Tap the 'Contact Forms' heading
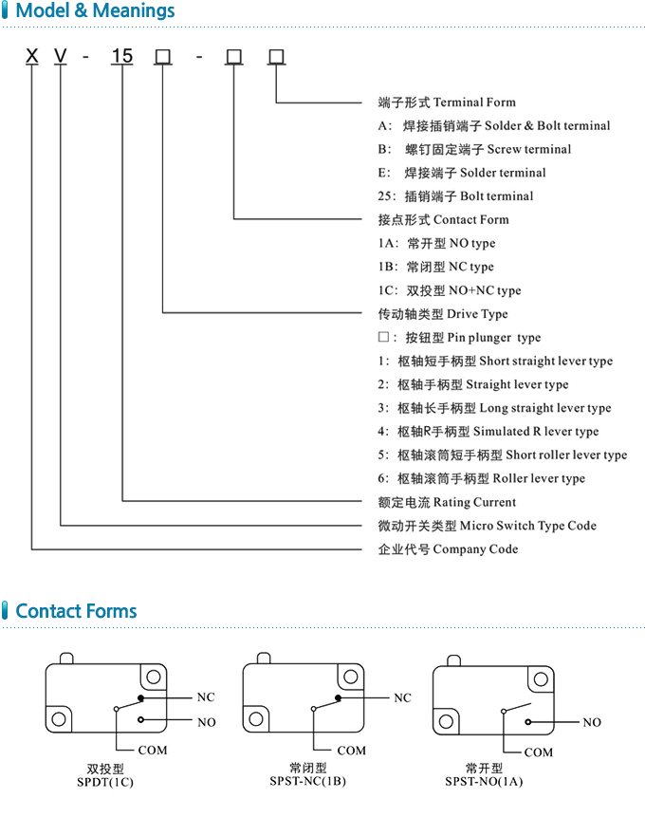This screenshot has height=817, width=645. (x=76, y=611)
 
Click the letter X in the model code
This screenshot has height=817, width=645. (x=32, y=57)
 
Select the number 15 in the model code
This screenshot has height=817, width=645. (x=122, y=57)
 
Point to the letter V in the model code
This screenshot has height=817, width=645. (x=60, y=57)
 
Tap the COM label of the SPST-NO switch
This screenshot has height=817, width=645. (x=539, y=752)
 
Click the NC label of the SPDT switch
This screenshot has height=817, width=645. (x=206, y=697)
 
